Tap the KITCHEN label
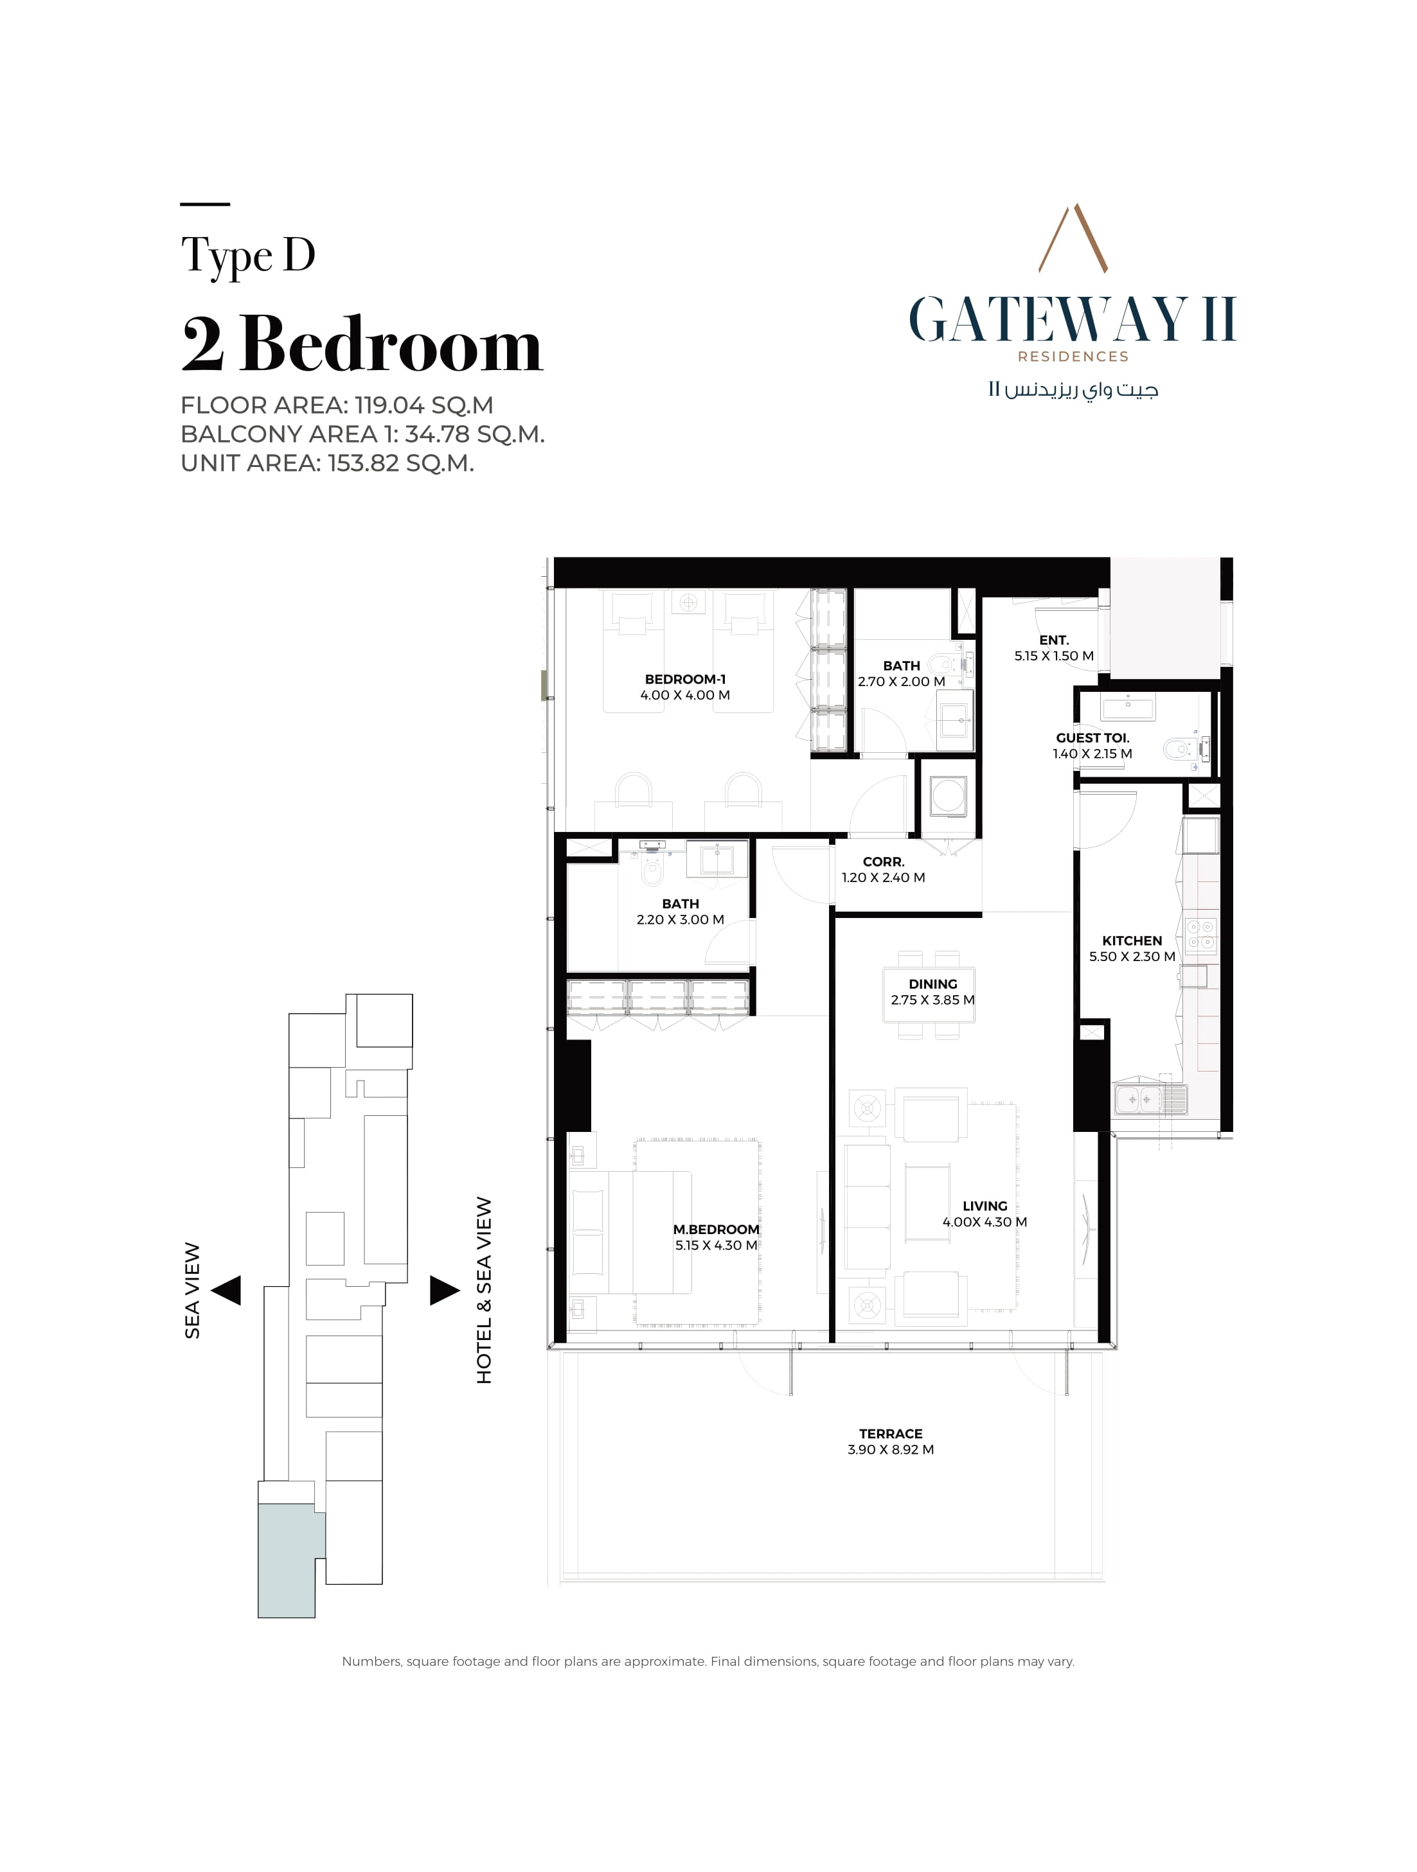[1132, 940]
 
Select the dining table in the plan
[929, 994]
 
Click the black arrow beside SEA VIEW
[226, 1291]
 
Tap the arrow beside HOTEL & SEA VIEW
[445, 1291]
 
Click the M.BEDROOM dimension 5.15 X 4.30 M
[716, 1245]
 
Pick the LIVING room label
[985, 1206]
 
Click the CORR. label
[883, 861]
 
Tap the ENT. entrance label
[1054, 640]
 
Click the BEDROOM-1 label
[685, 679]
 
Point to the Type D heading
[248, 256]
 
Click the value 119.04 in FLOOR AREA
[389, 405]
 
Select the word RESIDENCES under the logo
[1073, 357]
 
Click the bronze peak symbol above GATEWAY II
[1073, 237]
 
